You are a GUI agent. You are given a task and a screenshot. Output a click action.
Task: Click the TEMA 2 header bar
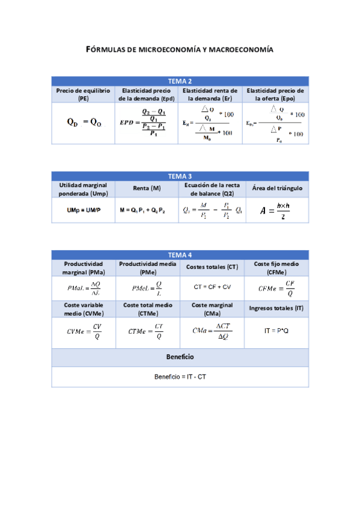180,81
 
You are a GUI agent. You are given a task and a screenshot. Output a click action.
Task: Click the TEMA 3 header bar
180,176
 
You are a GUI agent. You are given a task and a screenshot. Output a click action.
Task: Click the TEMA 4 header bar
180,254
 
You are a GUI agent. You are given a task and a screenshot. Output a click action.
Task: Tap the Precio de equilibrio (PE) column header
83,94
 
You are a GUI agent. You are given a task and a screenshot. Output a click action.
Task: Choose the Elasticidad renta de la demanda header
211,94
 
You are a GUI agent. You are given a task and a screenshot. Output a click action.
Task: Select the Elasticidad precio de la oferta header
275,94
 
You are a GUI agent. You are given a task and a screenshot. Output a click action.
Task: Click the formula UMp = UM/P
83,210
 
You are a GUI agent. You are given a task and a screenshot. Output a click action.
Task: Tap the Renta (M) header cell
147,189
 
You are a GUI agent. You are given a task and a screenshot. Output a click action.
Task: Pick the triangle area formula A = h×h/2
275,210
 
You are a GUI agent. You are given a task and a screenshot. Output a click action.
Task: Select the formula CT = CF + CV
212,287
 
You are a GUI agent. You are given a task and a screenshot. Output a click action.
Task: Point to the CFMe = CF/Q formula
276,287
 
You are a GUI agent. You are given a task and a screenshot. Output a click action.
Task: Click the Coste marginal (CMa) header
212,309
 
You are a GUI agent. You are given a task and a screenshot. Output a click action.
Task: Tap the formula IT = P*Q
276,331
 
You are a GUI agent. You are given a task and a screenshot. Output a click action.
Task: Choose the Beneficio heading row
180,357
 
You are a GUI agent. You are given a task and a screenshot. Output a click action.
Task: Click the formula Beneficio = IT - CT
180,377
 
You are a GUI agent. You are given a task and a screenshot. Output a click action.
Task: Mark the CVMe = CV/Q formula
83,331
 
